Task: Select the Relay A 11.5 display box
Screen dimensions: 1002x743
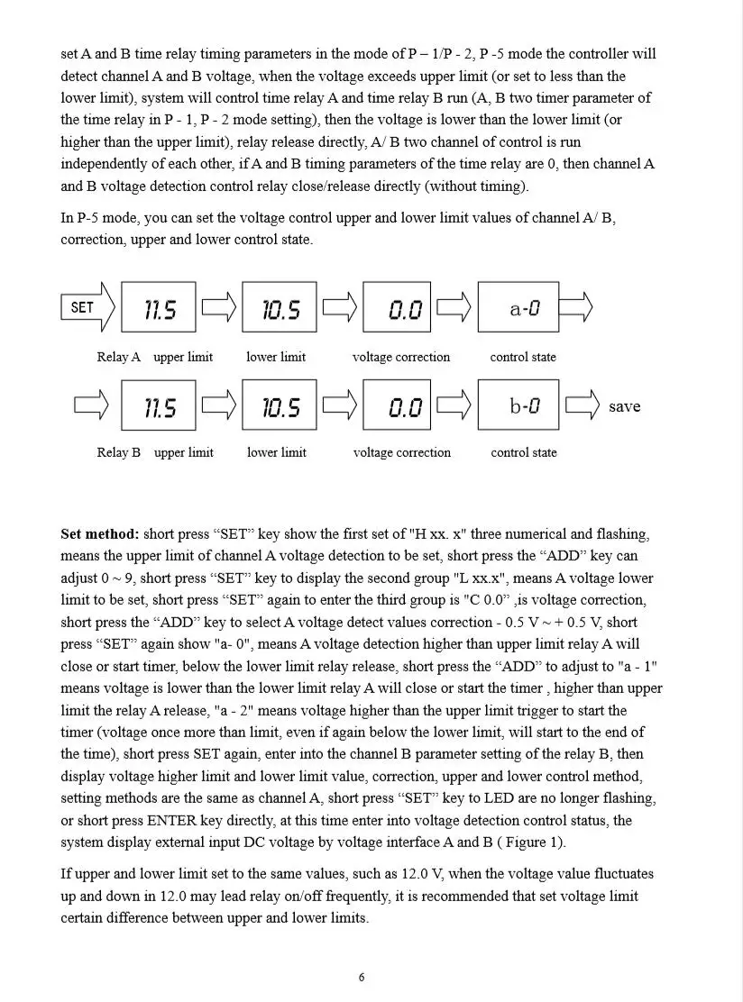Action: click(159, 308)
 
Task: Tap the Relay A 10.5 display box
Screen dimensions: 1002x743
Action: click(280, 308)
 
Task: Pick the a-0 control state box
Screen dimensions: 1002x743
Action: click(518, 308)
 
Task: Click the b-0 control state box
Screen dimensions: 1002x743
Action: click(518, 405)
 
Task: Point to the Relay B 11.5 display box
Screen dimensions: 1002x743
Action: click(159, 405)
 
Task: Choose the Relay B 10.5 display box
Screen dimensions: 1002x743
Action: click(280, 405)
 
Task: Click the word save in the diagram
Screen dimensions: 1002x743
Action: click(624, 406)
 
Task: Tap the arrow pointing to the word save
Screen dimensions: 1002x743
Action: click(582, 405)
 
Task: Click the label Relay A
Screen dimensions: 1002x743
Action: click(119, 357)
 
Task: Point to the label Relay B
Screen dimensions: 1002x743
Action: click(119, 452)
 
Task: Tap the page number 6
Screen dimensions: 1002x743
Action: click(362, 978)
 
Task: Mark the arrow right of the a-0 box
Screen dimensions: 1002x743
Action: click(576, 307)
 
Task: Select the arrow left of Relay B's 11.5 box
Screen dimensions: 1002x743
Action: click(91, 405)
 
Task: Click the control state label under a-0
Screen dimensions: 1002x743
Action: click(523, 357)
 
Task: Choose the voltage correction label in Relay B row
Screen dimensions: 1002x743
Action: click(401, 452)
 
